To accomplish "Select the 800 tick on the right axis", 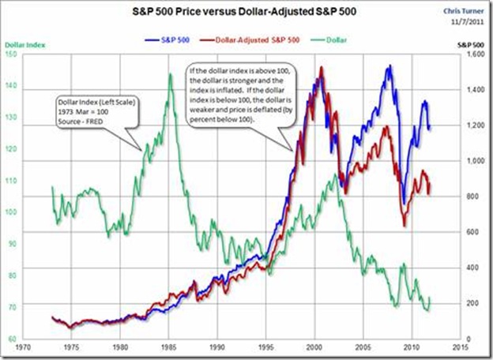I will (x=469, y=196).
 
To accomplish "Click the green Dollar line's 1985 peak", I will (x=171, y=73).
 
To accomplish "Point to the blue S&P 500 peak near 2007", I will (x=389, y=66).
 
